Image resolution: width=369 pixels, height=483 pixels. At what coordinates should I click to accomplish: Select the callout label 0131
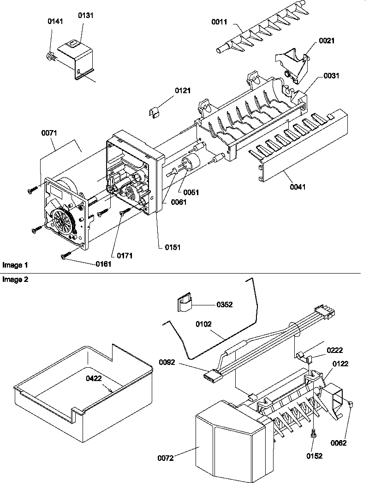coord(85,15)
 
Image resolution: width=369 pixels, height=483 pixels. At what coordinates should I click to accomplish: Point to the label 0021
coord(326,41)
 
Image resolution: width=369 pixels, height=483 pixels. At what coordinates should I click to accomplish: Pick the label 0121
coord(183,90)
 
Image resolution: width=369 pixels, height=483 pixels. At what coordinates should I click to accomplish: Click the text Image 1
coord(15,265)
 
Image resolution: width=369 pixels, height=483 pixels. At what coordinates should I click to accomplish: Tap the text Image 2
coord(15,280)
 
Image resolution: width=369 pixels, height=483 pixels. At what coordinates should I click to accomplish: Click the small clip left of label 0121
coord(157,113)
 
